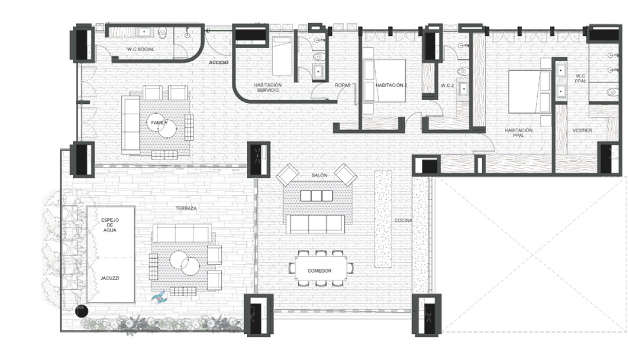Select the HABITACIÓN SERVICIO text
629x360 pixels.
(268, 88)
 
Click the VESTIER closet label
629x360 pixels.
(582, 130)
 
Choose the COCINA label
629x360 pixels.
(403, 221)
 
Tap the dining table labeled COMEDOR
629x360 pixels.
(320, 270)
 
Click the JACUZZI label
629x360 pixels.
(110, 279)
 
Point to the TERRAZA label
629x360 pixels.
(187, 208)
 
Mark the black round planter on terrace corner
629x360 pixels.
(81, 311)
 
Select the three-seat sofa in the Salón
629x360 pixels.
(314, 224)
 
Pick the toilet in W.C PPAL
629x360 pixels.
(611, 93)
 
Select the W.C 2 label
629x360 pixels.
(447, 85)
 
